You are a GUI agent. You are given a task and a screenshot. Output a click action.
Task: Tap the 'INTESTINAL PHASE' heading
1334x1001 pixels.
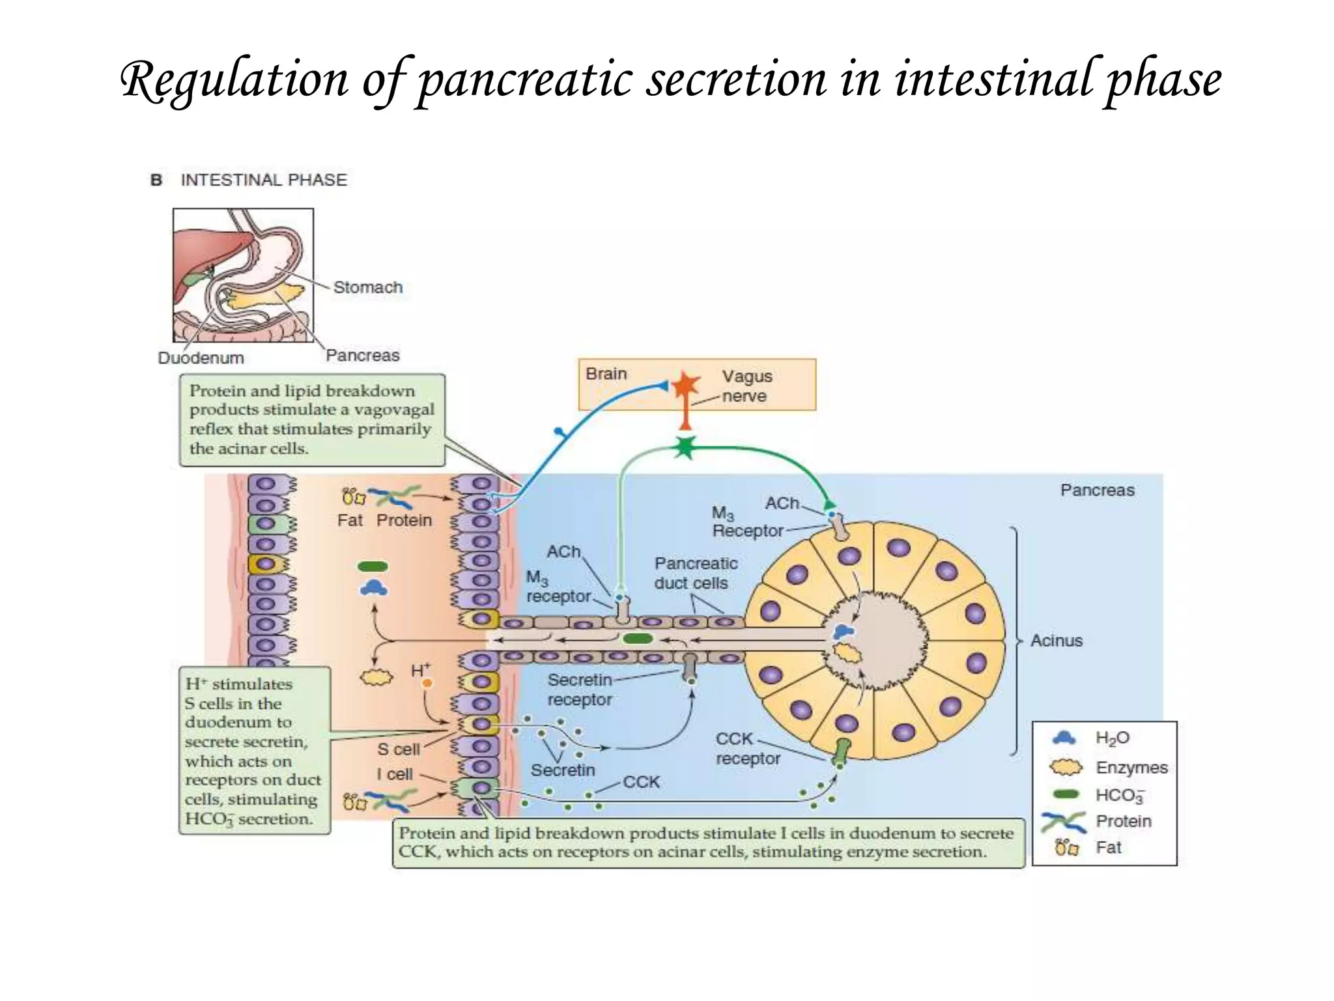tap(263, 180)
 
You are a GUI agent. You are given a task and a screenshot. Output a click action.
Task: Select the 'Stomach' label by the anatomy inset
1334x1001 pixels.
tap(367, 287)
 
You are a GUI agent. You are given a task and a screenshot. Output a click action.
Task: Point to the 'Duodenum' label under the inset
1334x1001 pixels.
tap(201, 358)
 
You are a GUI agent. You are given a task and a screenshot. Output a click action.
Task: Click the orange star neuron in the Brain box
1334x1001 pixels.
tap(685, 386)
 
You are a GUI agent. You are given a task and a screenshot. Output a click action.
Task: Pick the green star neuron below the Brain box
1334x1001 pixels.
tap(685, 447)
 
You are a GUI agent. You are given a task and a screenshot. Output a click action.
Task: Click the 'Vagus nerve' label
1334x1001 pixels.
tap(746, 386)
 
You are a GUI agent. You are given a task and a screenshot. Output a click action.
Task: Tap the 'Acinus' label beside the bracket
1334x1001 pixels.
tap(1056, 641)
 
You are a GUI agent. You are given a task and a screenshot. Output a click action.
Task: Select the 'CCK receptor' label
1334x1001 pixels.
tap(747, 749)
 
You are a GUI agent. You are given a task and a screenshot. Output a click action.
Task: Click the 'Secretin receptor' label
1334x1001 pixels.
tap(579, 689)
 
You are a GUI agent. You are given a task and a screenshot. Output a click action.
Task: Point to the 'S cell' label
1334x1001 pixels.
tap(398, 749)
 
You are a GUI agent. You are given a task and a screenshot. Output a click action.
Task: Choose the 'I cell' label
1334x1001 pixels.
tap(394, 774)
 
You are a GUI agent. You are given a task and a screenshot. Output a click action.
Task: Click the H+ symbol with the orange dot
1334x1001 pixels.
tap(421, 671)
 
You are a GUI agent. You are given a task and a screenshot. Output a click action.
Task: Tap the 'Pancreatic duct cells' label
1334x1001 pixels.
tap(695, 573)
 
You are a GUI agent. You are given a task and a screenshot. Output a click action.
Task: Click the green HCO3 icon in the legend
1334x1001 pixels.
tap(1066, 794)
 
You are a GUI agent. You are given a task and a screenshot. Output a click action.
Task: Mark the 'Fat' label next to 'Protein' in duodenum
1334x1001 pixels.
tap(350, 520)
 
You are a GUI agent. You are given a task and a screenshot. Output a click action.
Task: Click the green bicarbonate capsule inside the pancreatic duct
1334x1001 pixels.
tap(638, 639)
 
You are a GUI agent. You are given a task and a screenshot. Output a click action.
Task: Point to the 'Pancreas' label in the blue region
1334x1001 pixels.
tap(1097, 490)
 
